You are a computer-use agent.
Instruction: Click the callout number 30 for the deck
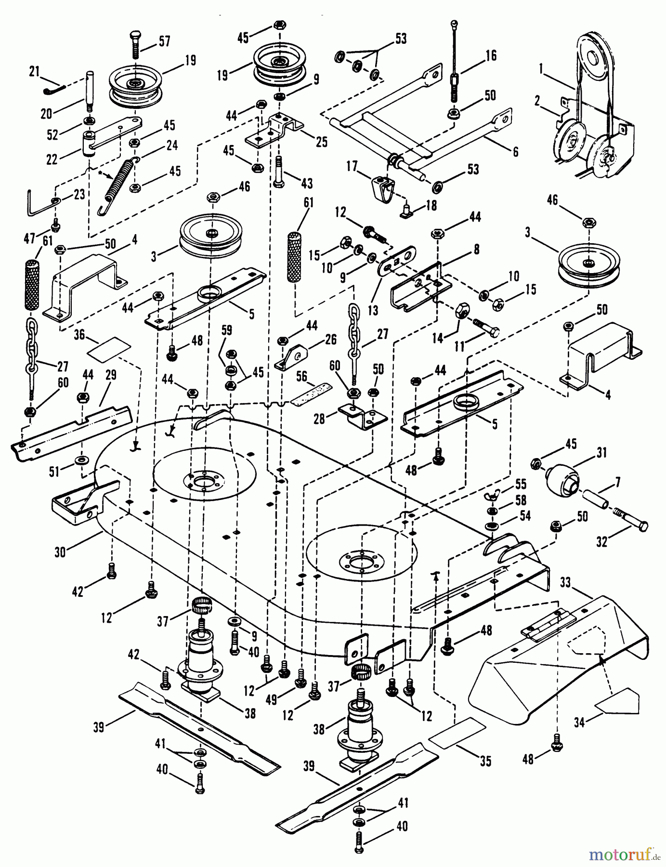60,552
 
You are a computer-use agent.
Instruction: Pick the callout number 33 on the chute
565,583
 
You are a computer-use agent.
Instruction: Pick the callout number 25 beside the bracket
321,142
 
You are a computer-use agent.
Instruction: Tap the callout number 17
352,166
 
